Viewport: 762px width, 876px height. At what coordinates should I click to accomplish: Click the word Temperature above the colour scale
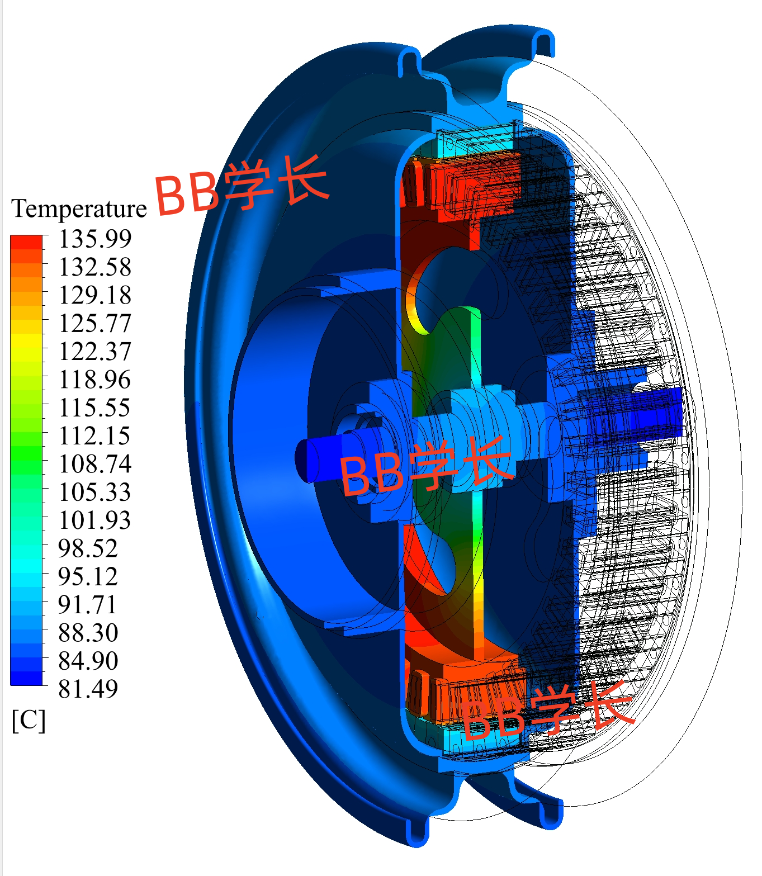pyautogui.click(x=79, y=209)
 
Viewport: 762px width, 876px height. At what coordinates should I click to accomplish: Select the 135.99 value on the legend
pyautogui.click(x=95, y=239)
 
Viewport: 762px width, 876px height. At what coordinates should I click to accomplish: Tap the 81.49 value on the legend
pyautogui.click(x=88, y=689)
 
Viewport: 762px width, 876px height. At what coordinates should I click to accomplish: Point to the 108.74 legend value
pyautogui.click(x=95, y=464)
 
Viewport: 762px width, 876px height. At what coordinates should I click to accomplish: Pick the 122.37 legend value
pyautogui.click(x=95, y=351)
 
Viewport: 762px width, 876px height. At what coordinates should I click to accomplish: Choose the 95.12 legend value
pyautogui.click(x=88, y=576)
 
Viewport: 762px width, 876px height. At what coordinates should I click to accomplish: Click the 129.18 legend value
pyautogui.click(x=95, y=295)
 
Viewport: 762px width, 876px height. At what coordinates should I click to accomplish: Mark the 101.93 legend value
pyautogui.click(x=95, y=520)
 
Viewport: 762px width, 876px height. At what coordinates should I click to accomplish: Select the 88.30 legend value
pyautogui.click(x=88, y=633)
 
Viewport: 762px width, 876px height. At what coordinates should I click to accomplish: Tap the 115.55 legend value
pyautogui.click(x=95, y=408)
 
